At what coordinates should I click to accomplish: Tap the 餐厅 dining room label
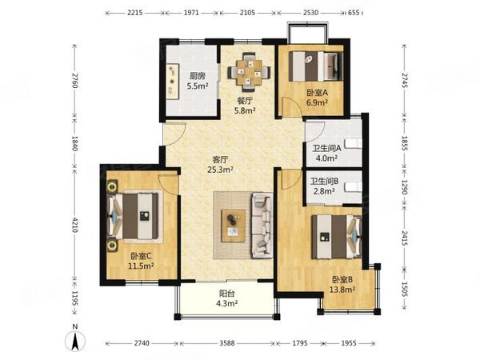(244, 101)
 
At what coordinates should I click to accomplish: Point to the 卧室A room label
(314, 93)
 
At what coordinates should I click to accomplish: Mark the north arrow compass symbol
(74, 339)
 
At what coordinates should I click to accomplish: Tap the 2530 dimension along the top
(310, 14)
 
